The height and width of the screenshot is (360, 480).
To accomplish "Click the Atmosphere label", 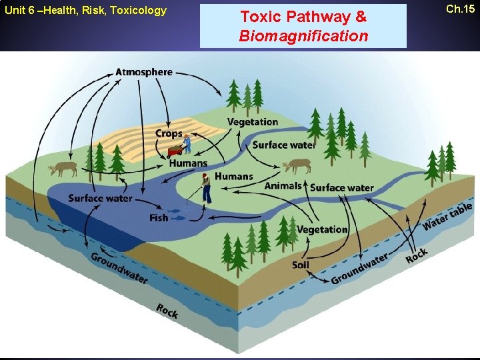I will [144, 72].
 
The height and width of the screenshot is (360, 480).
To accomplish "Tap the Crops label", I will [169, 134].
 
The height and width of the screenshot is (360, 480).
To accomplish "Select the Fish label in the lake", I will [159, 217].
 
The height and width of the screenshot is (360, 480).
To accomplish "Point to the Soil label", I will [301, 265].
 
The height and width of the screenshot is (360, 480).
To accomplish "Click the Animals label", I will [283, 185].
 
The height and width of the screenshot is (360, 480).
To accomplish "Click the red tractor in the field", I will [175, 149].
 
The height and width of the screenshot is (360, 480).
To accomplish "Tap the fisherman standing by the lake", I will [207, 188].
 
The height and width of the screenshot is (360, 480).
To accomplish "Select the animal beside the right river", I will [297, 165].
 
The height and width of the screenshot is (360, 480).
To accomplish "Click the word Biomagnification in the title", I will [303, 36].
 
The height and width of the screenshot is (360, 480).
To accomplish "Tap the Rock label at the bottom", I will [167, 310].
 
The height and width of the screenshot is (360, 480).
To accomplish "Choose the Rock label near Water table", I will [417, 255].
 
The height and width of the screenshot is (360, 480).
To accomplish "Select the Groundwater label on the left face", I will [119, 268].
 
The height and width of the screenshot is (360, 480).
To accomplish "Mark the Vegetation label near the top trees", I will [253, 122].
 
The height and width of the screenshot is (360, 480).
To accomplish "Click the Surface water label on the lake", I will [100, 198].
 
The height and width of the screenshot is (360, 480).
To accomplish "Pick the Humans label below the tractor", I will [188, 163].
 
